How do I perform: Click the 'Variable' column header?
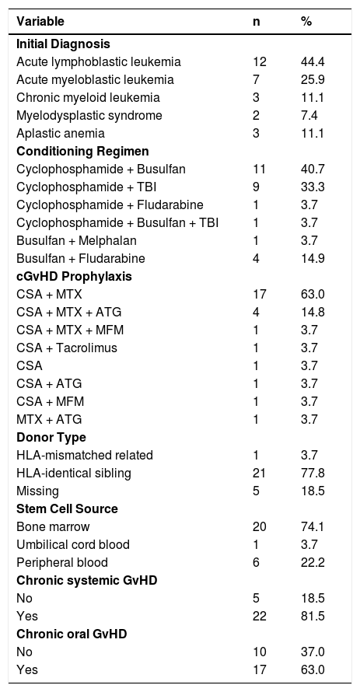tap(40, 21)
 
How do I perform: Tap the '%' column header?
tap(306, 21)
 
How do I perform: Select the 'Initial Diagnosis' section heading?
tap(63, 44)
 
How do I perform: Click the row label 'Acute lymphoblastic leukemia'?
tap(99, 61)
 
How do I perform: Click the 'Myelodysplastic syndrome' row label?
tap(89, 116)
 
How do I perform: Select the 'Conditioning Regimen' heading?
tap(82, 152)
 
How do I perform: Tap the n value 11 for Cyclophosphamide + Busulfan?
tap(260, 169)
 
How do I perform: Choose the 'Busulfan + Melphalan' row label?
tap(76, 240)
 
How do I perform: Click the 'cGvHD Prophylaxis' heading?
tap(74, 276)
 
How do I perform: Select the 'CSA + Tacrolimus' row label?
tap(67, 348)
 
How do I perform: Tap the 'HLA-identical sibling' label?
tap(74, 473)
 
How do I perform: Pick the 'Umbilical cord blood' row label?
tap(73, 544)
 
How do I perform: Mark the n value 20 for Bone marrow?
tap(260, 526)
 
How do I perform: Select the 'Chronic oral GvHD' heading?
tap(72, 634)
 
